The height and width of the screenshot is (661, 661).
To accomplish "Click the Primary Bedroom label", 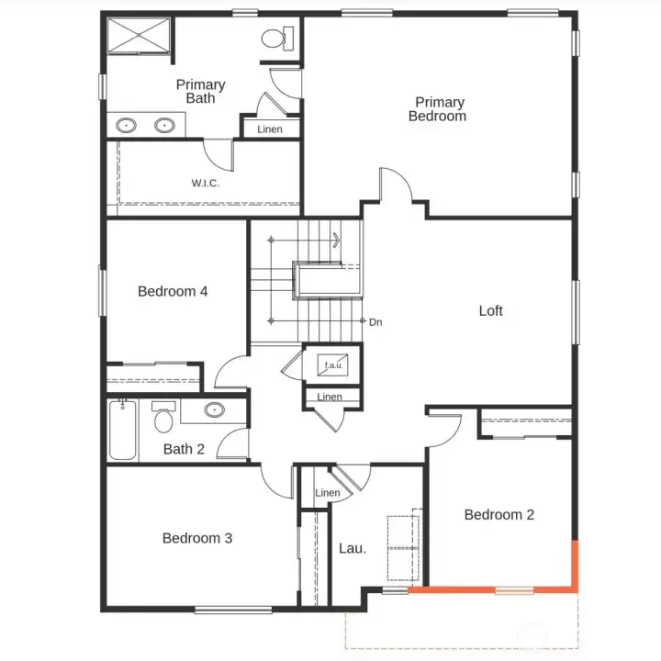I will click(437, 109).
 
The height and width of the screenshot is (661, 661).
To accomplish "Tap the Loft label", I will click(491, 311).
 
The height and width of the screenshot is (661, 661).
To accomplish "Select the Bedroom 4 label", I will click(173, 291).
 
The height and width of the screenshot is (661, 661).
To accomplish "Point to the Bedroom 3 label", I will click(197, 538).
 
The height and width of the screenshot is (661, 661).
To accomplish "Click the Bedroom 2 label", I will click(499, 515).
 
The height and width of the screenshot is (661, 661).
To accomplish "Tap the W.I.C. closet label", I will click(206, 183).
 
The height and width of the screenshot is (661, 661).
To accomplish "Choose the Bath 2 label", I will click(184, 449).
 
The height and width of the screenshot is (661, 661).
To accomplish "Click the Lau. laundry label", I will click(353, 548).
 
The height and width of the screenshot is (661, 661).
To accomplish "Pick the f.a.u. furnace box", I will click(332, 365).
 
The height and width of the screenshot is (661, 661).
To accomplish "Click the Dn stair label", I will click(375, 322).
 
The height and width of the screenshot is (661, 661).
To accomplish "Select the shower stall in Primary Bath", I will click(138, 36).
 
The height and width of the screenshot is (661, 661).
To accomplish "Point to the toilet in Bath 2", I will click(163, 419).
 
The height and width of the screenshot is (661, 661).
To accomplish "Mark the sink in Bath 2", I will click(214, 409).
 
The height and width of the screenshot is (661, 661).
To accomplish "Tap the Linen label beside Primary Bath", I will click(270, 129).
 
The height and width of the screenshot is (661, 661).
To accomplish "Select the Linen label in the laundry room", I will click(328, 493).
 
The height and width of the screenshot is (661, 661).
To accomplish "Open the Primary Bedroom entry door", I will click(395, 188).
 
